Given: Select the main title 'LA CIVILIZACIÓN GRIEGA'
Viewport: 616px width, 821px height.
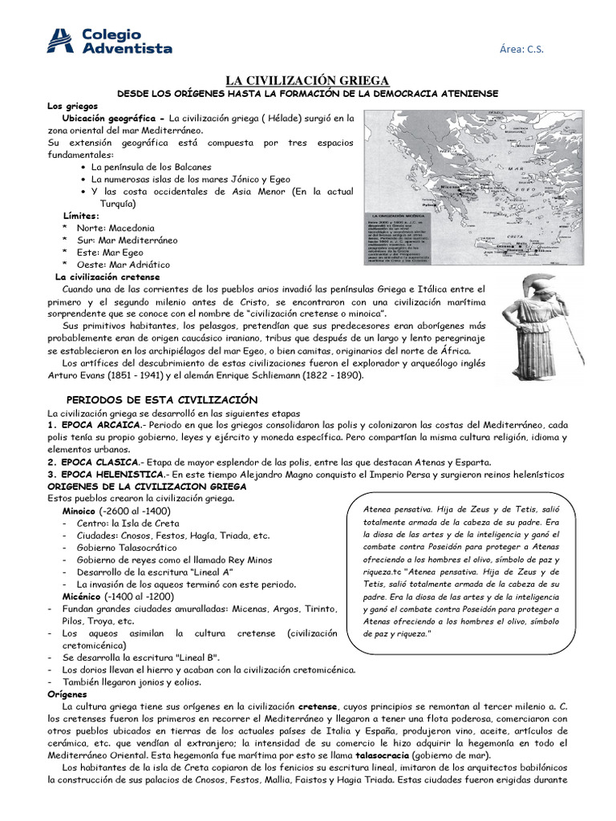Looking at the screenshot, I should pos(307,80).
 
